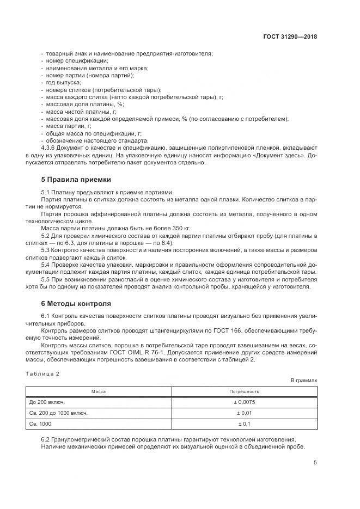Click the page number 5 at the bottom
(x=315, y=463)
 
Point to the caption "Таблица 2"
(x=42, y=373)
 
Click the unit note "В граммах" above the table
(x=304, y=381)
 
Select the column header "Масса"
(x=99, y=391)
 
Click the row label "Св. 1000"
(x=40, y=424)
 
